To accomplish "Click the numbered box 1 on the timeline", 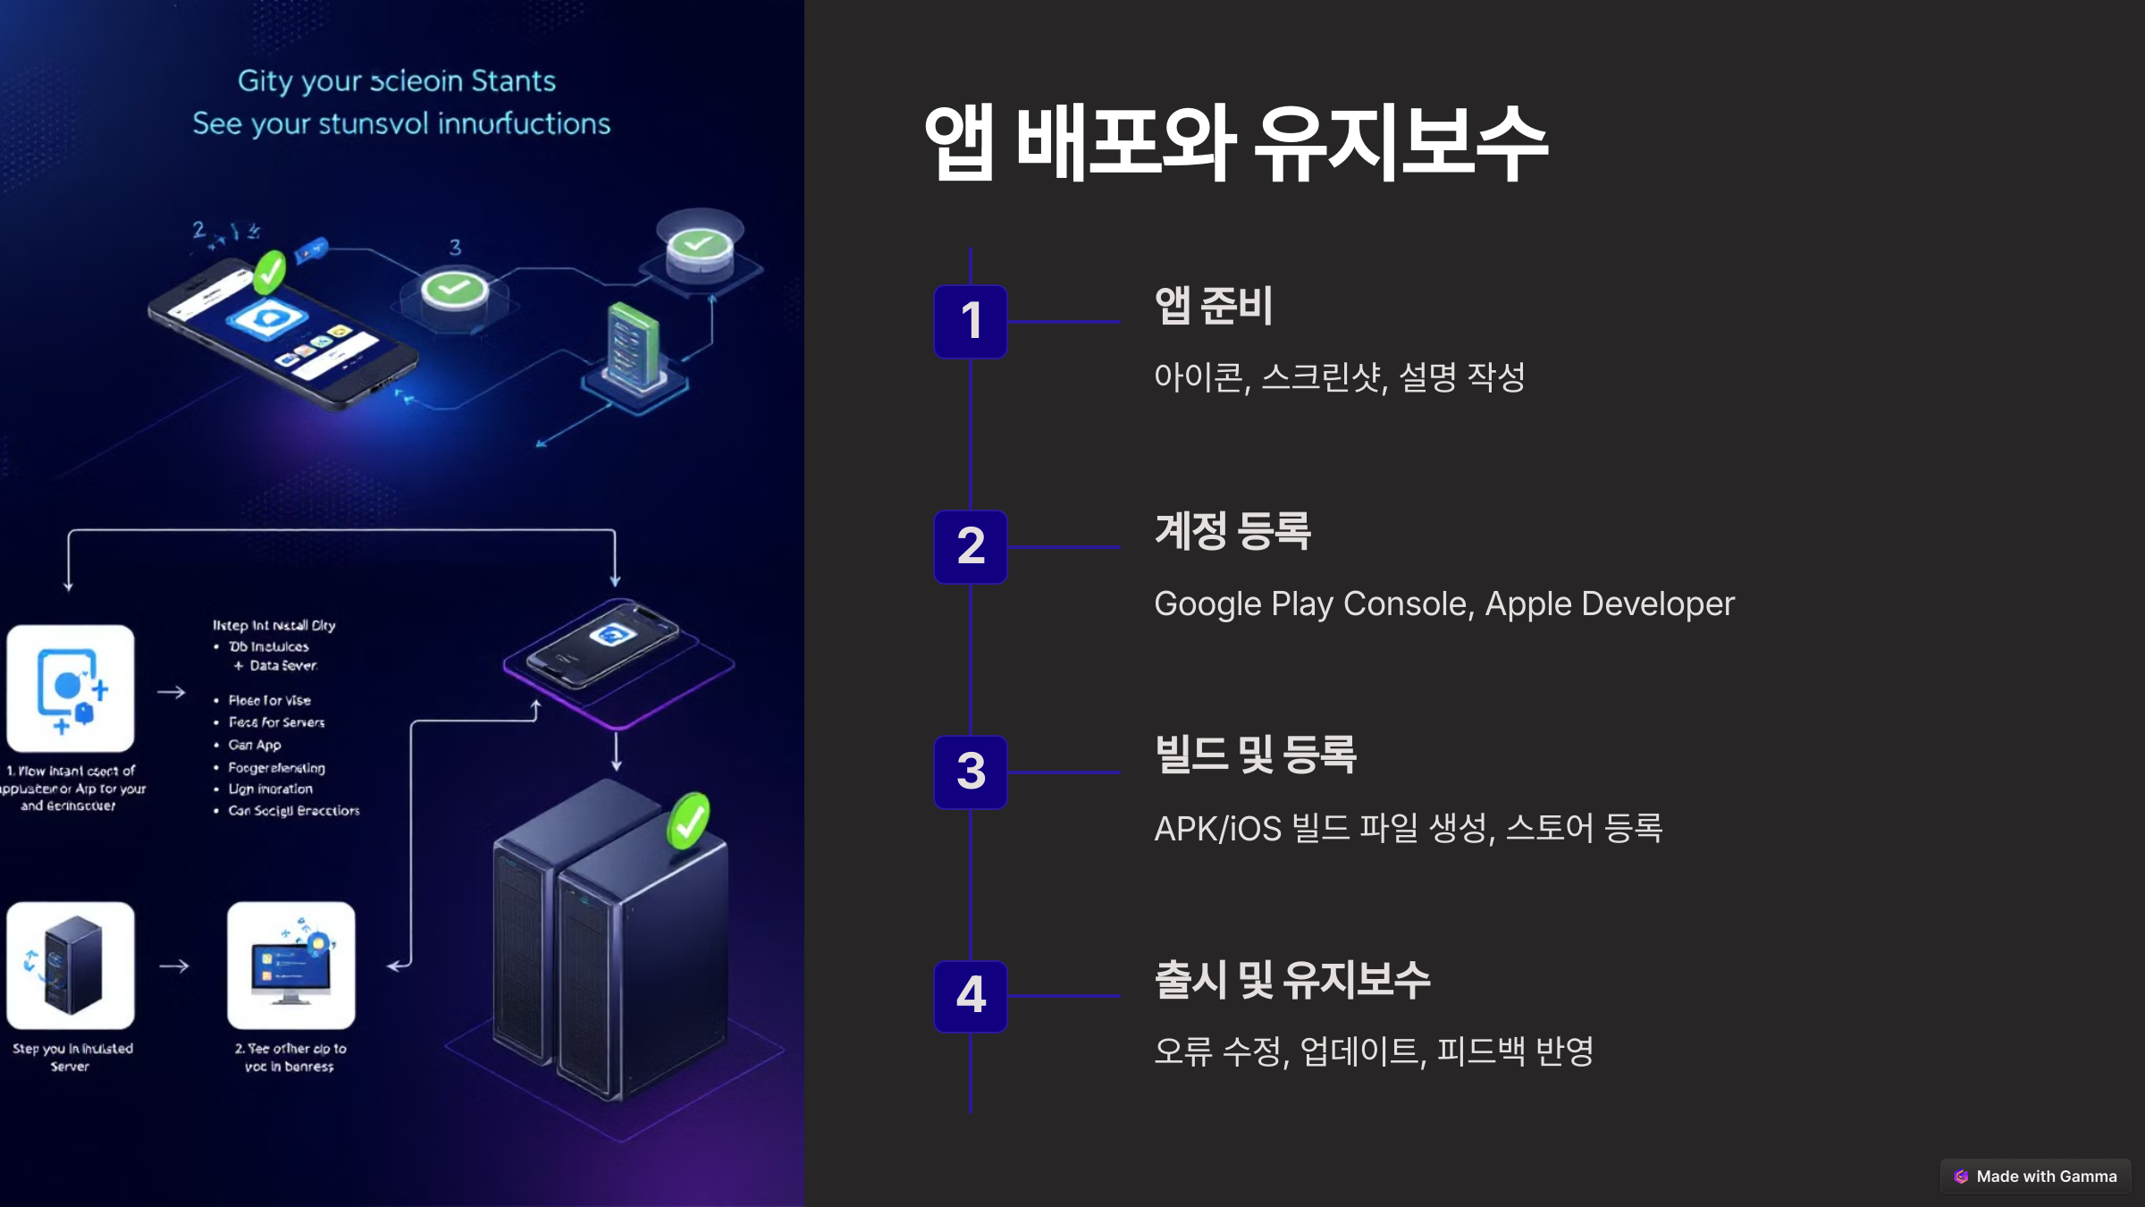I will tap(971, 321).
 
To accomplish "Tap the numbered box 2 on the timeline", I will tap(971, 546).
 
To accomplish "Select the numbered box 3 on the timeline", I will tap(971, 772).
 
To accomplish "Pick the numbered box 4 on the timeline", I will tap(971, 995).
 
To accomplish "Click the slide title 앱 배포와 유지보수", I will tap(1235, 143).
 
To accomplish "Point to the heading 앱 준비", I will tap(1213, 305).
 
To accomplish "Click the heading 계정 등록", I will tap(1232, 530).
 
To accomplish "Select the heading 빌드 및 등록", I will tap(1255, 754).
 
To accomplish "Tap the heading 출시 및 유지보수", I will tap(1291, 979).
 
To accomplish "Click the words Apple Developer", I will tap(1609, 604).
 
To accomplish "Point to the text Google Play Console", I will tap(1309, 604).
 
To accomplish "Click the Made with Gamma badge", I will tap(2035, 1177).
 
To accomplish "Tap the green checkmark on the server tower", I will tap(688, 820).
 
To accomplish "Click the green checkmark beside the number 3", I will tap(454, 289).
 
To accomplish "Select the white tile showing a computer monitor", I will tap(291, 966).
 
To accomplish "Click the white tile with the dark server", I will tap(71, 966).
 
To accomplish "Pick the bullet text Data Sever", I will tap(282, 665).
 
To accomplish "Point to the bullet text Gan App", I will tap(255, 745).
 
